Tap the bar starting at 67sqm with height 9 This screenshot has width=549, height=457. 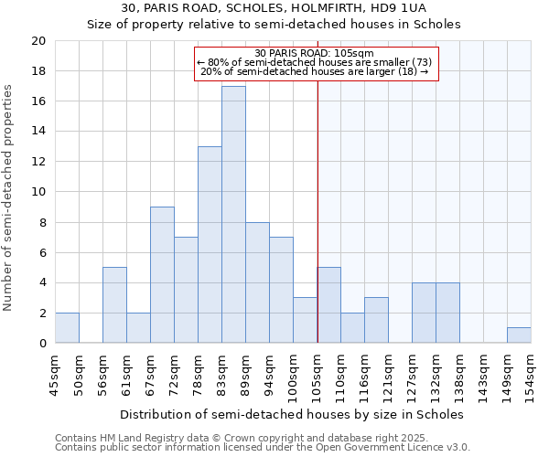pyautogui.click(x=162, y=275)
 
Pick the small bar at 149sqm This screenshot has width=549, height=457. pyautogui.click(x=519, y=335)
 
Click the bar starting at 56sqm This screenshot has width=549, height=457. pyautogui.click(x=114, y=305)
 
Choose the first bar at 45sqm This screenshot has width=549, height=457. pyautogui.click(x=67, y=328)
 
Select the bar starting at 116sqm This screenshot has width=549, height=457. pyautogui.click(x=376, y=320)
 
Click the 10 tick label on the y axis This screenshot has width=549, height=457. pyautogui.click(x=38, y=192)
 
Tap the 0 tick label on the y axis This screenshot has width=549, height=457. pyautogui.click(x=41, y=344)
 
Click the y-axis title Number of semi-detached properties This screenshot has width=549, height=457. pyautogui.click(x=9, y=197)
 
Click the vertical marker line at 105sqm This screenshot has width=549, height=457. pyautogui.click(x=318, y=228)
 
